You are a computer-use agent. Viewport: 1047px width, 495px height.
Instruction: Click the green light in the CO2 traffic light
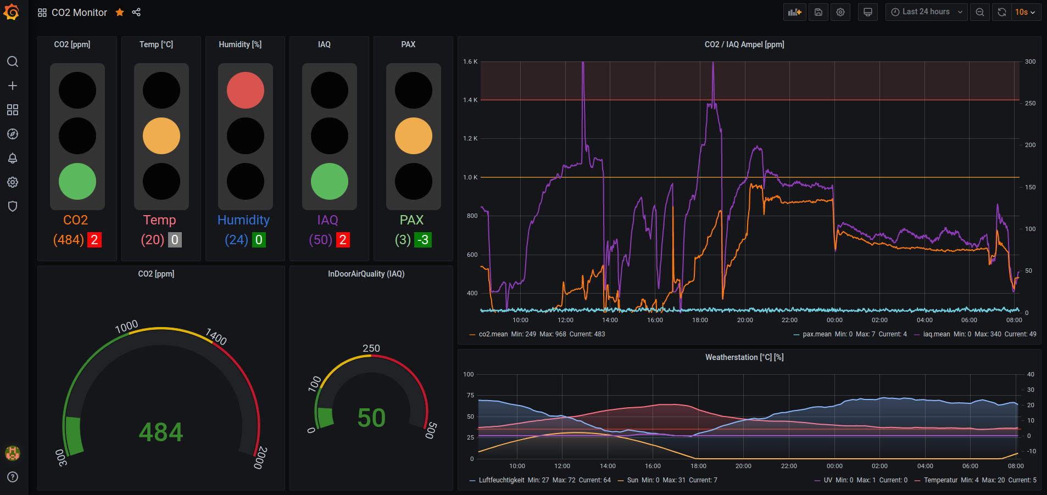pos(77,182)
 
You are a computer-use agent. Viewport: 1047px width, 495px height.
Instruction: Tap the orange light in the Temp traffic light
pos(161,136)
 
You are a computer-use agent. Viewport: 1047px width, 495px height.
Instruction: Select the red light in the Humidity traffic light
pos(246,91)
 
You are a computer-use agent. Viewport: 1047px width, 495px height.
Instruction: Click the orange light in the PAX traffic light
pos(414,136)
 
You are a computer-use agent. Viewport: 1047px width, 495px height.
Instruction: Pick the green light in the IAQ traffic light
pos(330,182)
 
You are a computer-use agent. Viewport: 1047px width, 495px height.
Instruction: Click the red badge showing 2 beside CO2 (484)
pos(94,240)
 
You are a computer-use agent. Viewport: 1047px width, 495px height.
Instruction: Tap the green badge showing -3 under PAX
pos(423,240)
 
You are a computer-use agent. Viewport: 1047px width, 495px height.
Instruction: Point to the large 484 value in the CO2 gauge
pos(161,432)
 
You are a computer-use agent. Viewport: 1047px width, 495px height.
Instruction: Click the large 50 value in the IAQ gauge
pos(371,418)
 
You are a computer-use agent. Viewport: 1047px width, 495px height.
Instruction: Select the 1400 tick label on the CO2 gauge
pos(216,336)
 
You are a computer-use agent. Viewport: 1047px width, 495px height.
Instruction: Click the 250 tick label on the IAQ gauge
pos(371,348)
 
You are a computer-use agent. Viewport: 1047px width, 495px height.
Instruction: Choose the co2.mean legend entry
pos(493,334)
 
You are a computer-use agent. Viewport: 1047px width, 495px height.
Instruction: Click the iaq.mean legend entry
pos(936,334)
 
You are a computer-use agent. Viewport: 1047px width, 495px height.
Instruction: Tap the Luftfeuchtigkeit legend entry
pos(501,480)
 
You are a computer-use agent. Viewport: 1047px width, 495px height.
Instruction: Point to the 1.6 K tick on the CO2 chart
pos(470,61)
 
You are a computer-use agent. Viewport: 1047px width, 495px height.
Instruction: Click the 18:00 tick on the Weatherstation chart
pos(698,466)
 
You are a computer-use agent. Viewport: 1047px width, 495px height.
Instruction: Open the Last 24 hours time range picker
pos(926,12)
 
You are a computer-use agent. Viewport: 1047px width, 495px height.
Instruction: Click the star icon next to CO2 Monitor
pos(120,12)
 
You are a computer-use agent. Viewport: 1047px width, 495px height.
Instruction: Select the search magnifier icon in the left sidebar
pos(13,61)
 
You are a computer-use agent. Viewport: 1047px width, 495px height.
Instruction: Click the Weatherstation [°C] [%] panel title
pos(744,357)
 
